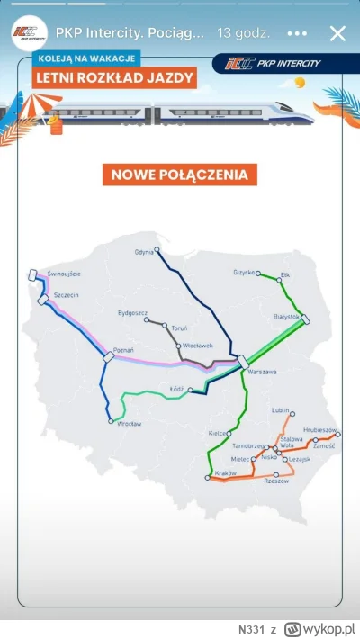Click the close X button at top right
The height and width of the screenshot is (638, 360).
[337, 34]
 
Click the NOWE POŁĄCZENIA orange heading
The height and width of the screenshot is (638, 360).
[180, 174]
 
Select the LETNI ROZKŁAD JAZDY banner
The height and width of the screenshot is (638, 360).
[114, 77]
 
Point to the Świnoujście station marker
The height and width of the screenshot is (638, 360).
[33, 275]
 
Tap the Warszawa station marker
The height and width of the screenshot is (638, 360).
[243, 362]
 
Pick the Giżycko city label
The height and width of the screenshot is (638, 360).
[245, 273]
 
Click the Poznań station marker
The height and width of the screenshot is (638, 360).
[109, 357]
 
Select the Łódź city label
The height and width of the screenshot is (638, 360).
[176, 390]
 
